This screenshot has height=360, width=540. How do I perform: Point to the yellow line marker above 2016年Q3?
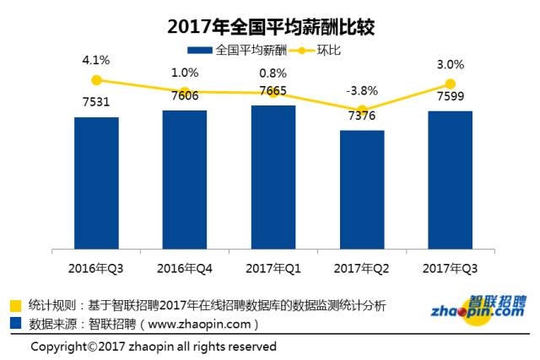96,80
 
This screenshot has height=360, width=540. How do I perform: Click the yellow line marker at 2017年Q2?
362,110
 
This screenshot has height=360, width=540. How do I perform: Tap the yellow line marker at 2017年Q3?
450,83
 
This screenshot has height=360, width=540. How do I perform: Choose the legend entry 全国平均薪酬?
240,50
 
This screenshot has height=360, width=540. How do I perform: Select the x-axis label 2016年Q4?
185,268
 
